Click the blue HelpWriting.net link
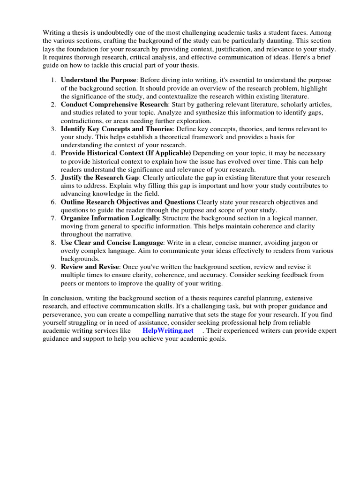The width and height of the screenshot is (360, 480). point(168,331)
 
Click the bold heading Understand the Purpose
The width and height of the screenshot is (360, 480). point(99,80)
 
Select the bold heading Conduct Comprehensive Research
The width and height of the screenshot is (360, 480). point(114,104)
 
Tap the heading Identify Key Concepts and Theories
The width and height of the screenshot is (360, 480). point(117,129)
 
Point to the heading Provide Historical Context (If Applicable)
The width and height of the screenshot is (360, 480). point(126,153)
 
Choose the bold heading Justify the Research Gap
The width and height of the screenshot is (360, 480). point(100,178)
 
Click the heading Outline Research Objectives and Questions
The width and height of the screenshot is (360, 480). point(127,202)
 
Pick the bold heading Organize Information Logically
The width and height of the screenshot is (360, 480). point(110,218)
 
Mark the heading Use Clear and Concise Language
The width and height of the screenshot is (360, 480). point(112,242)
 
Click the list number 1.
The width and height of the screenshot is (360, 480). point(53,80)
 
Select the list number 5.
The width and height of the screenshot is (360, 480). point(53,178)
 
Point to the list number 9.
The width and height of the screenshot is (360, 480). point(53,267)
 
